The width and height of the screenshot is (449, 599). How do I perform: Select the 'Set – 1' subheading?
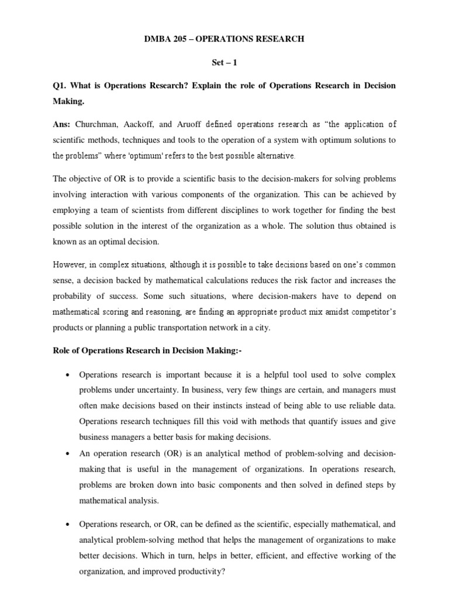pyautogui.click(x=224, y=62)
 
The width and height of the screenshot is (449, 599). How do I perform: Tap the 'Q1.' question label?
pyautogui.click(x=61, y=85)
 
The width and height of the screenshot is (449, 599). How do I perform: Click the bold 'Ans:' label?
pyautogui.click(x=63, y=124)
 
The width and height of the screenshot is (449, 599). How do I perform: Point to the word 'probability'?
pyautogui.click(x=74, y=297)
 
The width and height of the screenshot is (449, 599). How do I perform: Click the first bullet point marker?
pyautogui.click(x=69, y=374)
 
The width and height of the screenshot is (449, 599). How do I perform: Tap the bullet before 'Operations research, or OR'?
pyautogui.click(x=69, y=524)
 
